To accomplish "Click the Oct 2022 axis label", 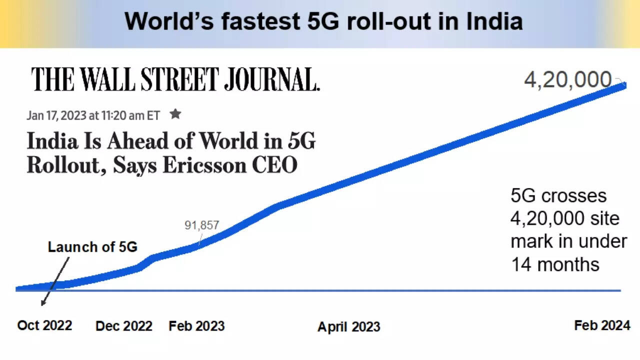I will tap(44, 325).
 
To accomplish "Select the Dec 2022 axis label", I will tap(123, 326).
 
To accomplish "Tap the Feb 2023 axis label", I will tap(196, 326).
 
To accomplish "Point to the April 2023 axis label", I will tap(348, 327).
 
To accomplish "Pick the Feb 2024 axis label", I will tap(602, 325).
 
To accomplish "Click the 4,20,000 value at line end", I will tap(567, 80).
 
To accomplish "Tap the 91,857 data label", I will tap(202, 225).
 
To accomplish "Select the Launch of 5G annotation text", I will tap(92, 247).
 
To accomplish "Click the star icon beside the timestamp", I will tap(175, 114).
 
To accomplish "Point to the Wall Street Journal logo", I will tap(175, 79).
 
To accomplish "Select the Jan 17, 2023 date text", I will tap(55, 115).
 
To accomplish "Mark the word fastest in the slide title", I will tap(259, 21).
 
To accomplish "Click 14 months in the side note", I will tap(555, 263).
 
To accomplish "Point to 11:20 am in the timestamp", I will tap(123, 115).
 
